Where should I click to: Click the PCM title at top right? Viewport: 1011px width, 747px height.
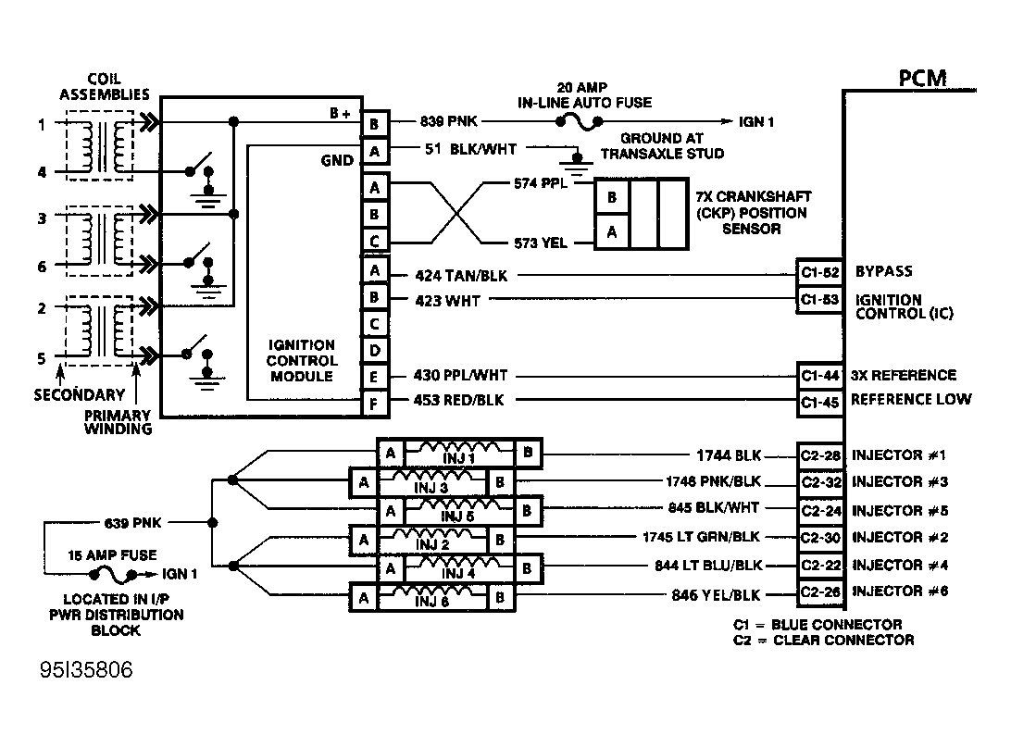923,79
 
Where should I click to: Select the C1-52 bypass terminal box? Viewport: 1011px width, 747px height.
820,273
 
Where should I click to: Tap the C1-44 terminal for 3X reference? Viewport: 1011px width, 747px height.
820,376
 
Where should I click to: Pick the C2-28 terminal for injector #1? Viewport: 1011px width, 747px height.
820,455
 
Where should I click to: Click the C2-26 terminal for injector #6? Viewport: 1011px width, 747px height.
820,591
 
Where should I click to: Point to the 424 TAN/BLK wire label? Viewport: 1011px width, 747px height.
461,276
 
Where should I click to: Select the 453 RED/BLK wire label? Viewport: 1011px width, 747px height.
458,400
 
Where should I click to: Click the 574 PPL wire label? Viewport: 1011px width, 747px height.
541,183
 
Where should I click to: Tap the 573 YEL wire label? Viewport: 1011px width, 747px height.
541,243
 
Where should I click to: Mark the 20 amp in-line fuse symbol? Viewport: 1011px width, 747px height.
579,122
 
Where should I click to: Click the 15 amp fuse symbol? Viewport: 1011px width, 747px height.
113,574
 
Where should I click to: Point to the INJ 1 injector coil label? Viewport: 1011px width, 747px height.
458,458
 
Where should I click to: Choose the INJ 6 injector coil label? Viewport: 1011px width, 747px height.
431,602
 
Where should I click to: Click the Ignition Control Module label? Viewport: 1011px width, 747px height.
301,360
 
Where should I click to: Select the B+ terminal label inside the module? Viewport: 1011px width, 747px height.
340,114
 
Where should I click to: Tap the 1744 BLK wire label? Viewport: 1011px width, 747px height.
729,455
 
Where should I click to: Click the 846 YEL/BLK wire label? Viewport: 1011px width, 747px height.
716,595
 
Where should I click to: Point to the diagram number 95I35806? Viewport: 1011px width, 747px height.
86,669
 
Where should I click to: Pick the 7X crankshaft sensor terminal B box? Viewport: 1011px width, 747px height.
611,197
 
